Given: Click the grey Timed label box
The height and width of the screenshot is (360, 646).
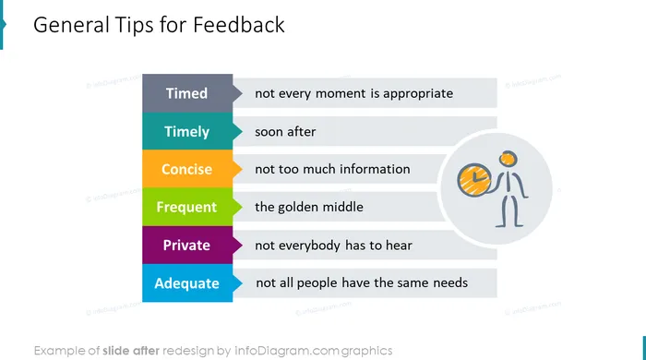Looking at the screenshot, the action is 187,93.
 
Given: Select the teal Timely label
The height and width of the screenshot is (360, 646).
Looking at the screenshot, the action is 187,131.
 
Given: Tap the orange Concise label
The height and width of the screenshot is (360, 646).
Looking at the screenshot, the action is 187,169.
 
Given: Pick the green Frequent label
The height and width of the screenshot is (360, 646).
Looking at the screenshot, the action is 187,207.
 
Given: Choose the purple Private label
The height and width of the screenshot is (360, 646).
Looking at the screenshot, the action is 187,246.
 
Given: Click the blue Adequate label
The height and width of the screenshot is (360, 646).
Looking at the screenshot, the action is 187,283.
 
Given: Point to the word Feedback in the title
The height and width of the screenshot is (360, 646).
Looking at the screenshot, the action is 238,25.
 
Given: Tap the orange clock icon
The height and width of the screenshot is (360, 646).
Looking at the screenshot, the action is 473,180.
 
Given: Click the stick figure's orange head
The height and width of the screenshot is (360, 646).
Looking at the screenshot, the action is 508,159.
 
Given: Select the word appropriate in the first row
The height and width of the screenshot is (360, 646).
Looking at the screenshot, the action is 418,94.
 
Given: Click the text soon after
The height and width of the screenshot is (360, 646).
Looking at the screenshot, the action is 285,132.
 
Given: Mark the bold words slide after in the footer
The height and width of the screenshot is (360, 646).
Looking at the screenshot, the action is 131,351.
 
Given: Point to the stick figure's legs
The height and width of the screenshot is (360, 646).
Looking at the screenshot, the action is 509,210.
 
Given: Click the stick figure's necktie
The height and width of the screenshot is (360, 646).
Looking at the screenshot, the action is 508,180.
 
